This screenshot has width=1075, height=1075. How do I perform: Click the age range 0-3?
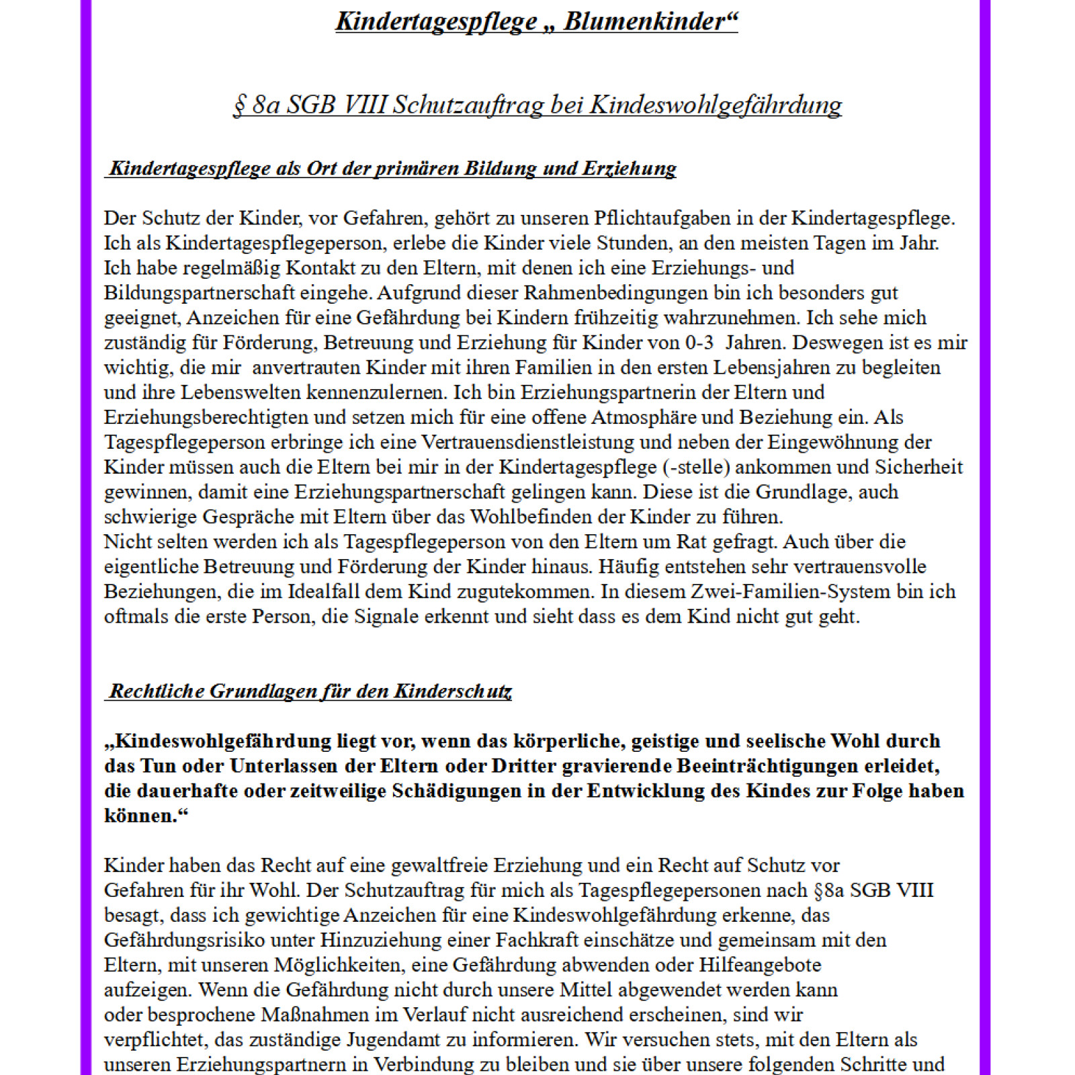coord(699,343)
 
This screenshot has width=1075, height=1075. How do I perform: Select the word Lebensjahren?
coord(774,368)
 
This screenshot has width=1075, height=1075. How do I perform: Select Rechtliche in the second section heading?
coord(157,691)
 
